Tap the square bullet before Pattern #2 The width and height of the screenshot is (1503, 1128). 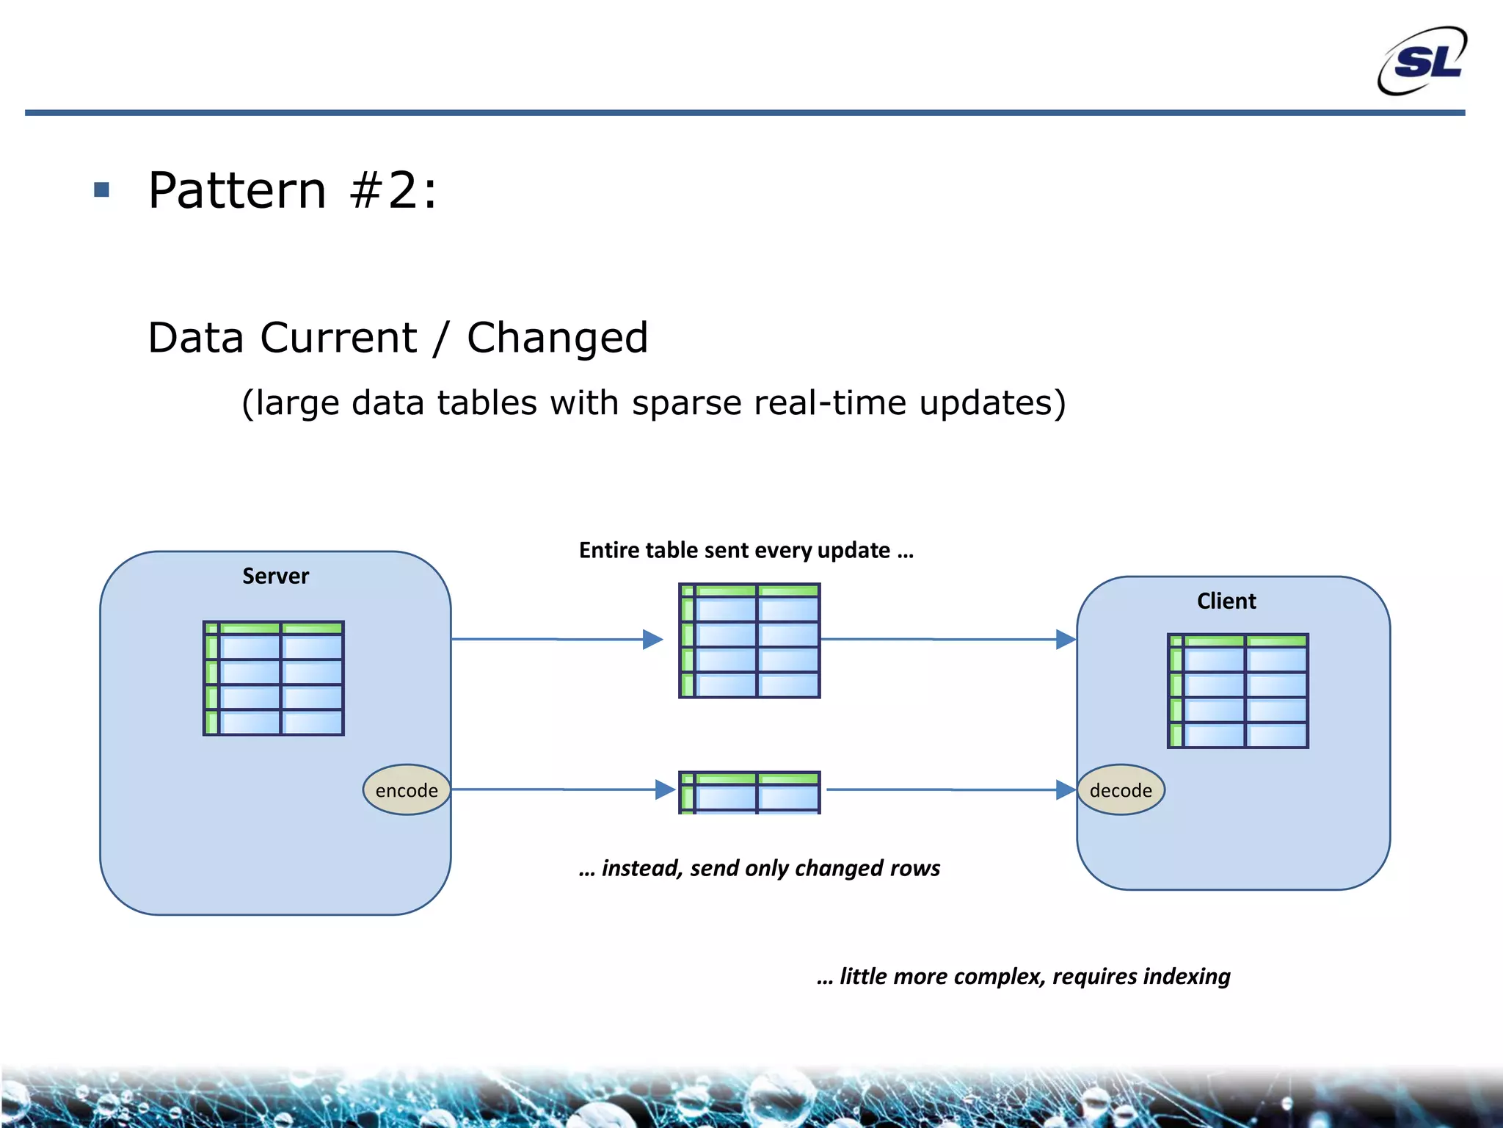[102, 190]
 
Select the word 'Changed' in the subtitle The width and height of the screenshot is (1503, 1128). [557, 338]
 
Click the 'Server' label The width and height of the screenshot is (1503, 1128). [275, 576]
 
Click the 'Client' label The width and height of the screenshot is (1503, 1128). [1226, 601]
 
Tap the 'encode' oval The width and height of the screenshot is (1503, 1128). [407, 790]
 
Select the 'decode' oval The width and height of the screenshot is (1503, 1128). [1121, 790]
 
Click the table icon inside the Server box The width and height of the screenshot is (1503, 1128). [274, 678]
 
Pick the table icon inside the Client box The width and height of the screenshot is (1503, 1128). [1237, 691]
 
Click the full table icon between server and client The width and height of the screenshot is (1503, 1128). [749, 640]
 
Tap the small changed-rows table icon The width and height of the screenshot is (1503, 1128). [749, 792]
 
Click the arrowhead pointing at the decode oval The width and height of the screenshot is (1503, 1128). [1066, 790]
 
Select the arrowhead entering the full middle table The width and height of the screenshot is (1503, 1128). [652, 640]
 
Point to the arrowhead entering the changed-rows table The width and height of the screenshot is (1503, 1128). [665, 789]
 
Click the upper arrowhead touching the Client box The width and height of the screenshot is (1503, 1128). [1066, 640]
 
